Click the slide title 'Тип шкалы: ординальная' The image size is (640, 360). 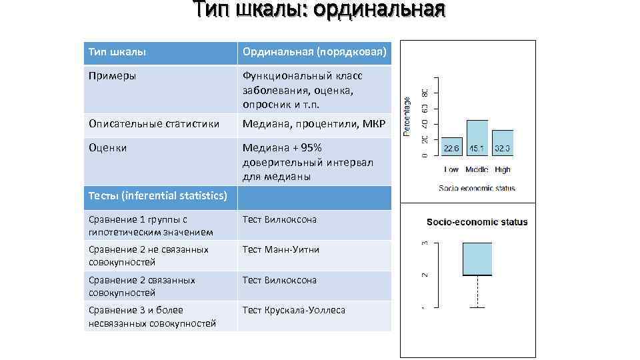pos(319,11)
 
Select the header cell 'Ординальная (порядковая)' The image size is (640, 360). pos(314,52)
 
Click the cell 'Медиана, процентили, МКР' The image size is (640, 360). pos(314,124)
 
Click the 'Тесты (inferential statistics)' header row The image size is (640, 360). pos(157,196)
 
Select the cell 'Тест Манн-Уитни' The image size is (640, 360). pos(281,249)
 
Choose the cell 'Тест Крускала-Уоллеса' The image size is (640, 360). pos(294,310)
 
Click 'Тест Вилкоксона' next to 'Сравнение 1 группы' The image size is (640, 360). pos(279,219)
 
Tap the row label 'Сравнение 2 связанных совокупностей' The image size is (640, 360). pos(142,286)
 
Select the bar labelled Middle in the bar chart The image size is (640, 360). pos(477,138)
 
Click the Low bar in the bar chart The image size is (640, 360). pos(451,147)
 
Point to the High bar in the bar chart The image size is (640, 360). pos(502,143)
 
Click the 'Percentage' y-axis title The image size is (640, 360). pos(408,116)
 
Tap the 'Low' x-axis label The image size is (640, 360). pos(451,170)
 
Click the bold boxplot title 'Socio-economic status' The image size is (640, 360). pos(477,222)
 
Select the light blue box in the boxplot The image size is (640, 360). pos(477,259)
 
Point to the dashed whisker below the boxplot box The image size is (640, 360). pos(477,291)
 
